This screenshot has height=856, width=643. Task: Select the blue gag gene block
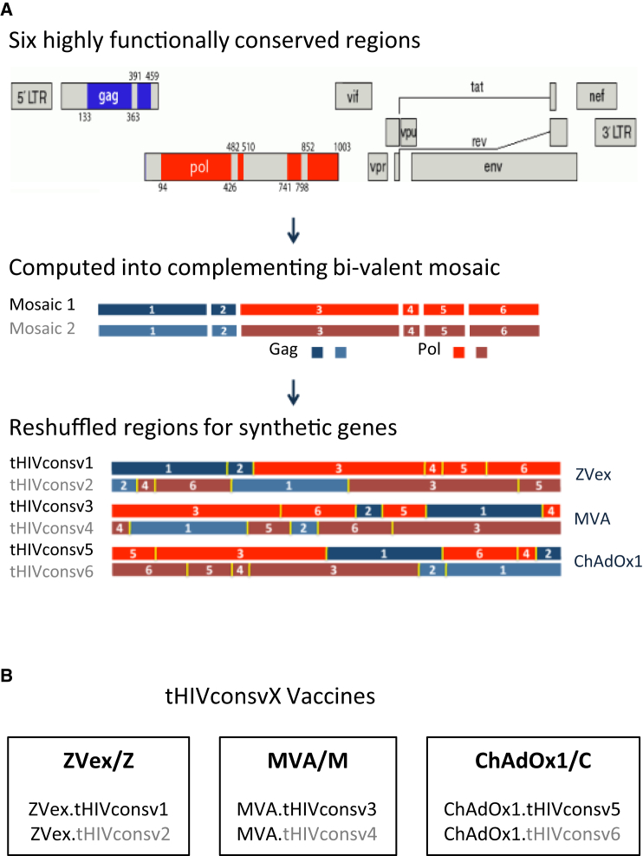108,95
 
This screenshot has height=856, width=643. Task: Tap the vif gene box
353,95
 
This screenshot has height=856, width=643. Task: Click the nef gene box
597,95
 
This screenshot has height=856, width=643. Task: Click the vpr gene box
376,166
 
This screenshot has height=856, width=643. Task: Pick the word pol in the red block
200,166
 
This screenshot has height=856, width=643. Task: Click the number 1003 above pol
342,147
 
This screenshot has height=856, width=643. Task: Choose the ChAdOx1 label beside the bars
607,561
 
